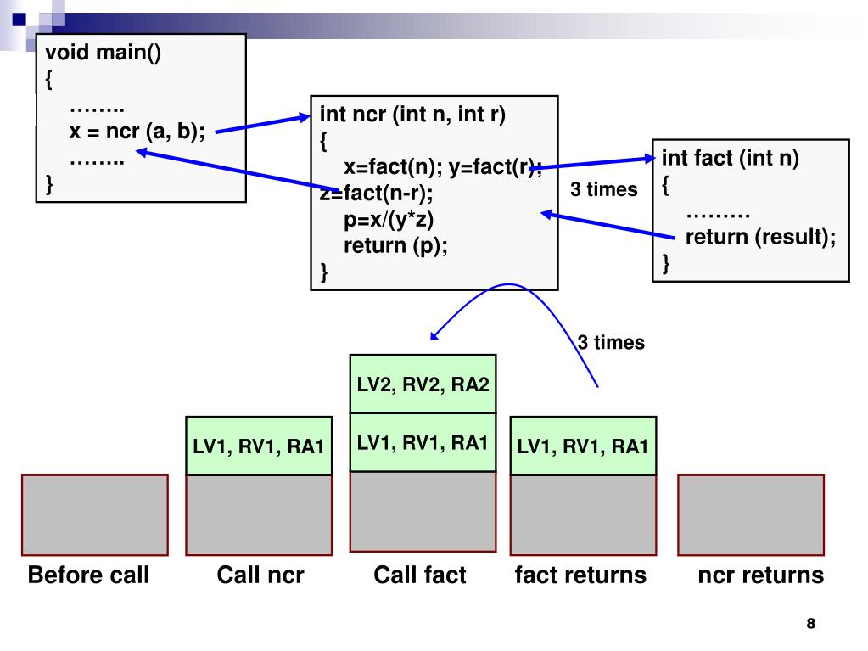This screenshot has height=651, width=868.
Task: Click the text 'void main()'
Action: pos(103,53)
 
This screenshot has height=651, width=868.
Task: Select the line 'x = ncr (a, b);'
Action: pos(137,132)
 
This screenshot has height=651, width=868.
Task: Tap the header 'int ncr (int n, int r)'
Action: pos(412,114)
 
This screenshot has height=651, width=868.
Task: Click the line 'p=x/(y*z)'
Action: pos(388,220)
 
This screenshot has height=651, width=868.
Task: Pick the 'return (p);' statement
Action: pos(395,245)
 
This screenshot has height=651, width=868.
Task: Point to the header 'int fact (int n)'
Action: pos(731,159)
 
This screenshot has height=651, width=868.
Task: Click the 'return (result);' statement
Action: pos(760,237)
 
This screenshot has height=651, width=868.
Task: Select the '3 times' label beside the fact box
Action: pos(604,189)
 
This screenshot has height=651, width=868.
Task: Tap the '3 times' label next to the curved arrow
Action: pos(611,342)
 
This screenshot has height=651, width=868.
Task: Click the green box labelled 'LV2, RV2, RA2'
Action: pos(423,384)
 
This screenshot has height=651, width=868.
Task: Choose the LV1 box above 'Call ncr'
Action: pos(259,446)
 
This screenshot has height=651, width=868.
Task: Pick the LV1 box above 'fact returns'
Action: pos(583,446)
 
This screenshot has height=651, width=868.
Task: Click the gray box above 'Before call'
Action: pos(95,515)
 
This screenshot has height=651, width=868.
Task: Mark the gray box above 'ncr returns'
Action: pos(751,515)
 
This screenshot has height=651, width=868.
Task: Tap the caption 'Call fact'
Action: pos(420,575)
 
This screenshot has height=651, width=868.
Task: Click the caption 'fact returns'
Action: pos(580,575)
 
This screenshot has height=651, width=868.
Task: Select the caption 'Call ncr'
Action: pos(260,575)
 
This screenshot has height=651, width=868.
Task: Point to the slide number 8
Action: pos(811,623)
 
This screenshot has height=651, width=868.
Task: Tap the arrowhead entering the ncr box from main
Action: pos(305,117)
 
